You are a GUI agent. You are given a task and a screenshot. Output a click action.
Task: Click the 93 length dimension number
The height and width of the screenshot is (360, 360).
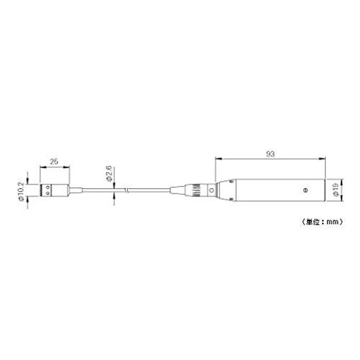point(270,154)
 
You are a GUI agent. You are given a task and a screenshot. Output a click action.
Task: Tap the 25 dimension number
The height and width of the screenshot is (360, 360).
point(54,161)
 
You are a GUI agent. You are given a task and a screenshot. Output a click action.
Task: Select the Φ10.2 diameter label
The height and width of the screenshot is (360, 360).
point(21,191)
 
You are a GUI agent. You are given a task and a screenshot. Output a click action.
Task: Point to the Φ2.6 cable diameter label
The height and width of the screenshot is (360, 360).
point(109,173)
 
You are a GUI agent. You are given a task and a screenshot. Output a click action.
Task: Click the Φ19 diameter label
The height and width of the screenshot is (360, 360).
point(335,190)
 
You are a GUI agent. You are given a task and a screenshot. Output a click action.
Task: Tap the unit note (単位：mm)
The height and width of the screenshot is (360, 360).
point(322,222)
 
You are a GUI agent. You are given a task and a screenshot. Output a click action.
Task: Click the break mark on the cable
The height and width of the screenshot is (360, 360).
point(126,190)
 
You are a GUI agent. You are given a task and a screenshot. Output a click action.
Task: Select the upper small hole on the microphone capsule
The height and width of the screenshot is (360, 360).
point(48,188)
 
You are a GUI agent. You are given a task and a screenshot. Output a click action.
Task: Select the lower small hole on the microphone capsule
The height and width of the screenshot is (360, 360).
point(48,193)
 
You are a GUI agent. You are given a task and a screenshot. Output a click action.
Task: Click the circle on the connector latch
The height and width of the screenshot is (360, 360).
point(212,190)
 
